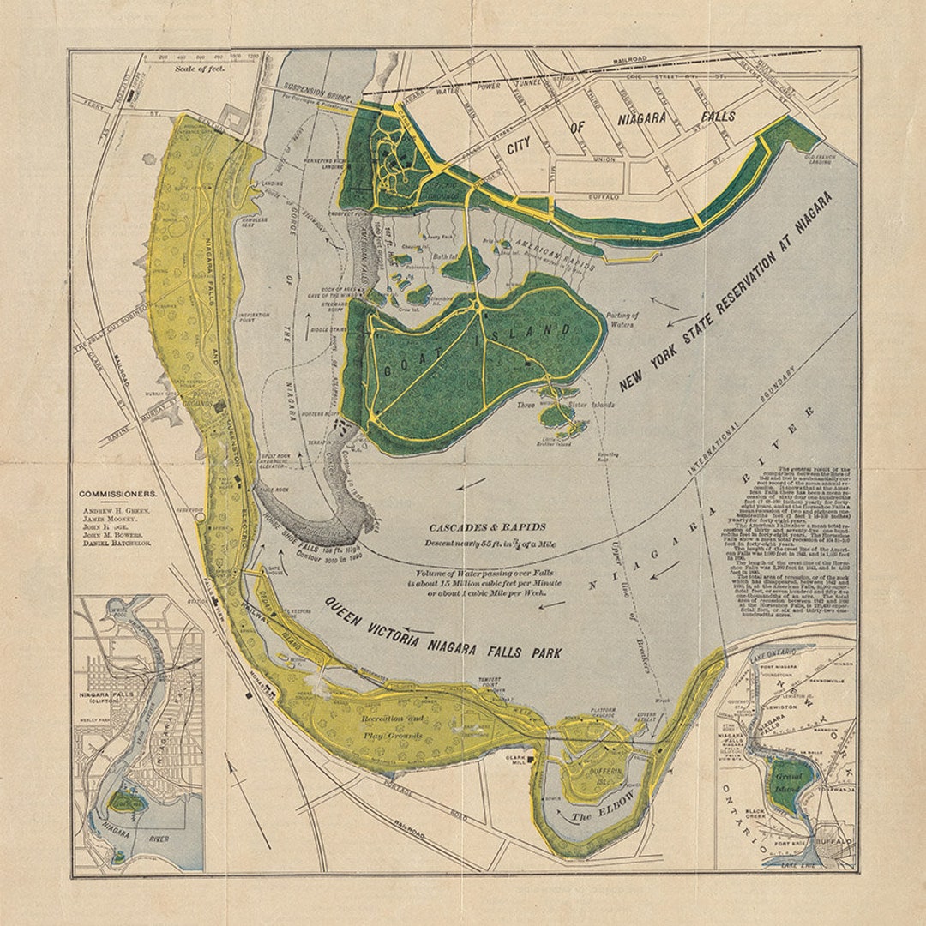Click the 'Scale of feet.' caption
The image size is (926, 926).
click(200, 68)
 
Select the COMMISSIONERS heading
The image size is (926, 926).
click(118, 494)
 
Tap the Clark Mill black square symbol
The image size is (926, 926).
click(532, 759)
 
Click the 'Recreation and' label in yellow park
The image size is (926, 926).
click(392, 719)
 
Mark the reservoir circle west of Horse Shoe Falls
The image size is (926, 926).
click(200, 517)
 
